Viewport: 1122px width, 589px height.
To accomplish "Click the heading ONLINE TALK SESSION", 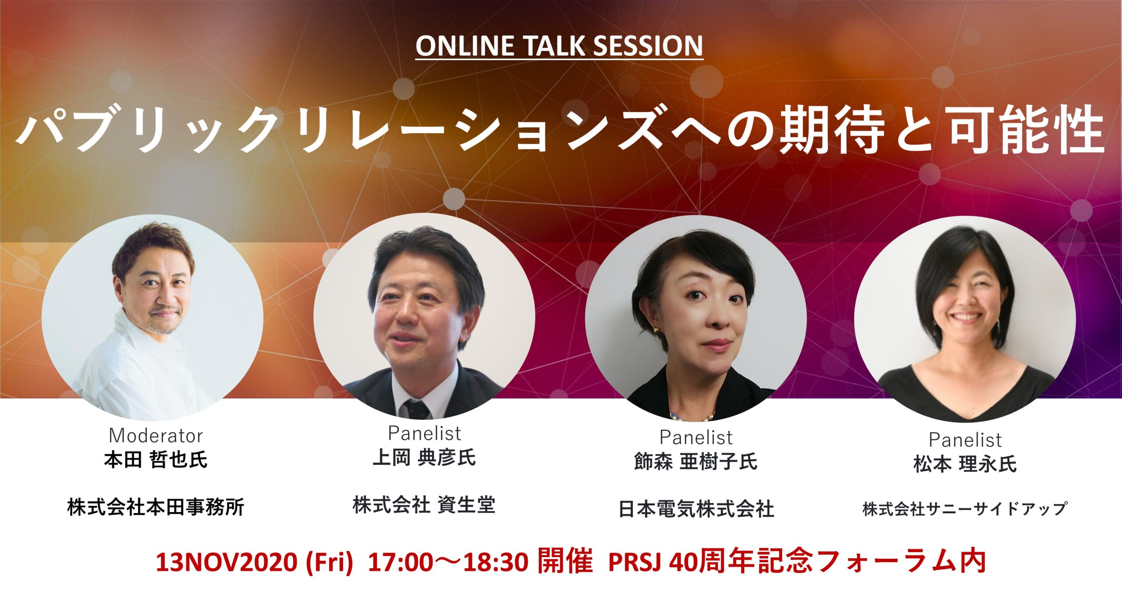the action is click(x=559, y=46).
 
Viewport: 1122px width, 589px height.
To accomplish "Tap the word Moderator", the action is click(x=156, y=436).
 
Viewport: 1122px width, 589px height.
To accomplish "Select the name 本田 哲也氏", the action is click(x=156, y=460).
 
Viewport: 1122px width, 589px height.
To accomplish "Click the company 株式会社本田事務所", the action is click(x=156, y=507).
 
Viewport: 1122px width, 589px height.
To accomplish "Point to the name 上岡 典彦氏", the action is click(x=424, y=458).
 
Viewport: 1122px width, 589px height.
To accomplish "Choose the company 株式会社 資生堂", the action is click(x=424, y=505).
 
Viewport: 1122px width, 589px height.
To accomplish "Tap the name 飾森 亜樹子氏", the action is click(x=696, y=461).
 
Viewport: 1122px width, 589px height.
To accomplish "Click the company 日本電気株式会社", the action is click(x=696, y=509).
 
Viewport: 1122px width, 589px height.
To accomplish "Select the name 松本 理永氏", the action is click(x=965, y=464).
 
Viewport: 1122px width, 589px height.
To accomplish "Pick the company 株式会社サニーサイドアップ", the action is click(x=965, y=509).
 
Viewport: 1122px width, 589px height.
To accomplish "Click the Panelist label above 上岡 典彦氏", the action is click(x=424, y=433).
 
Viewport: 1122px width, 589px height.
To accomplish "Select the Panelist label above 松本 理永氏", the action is click(x=965, y=440).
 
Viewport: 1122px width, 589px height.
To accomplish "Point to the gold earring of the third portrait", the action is click(x=656, y=330).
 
